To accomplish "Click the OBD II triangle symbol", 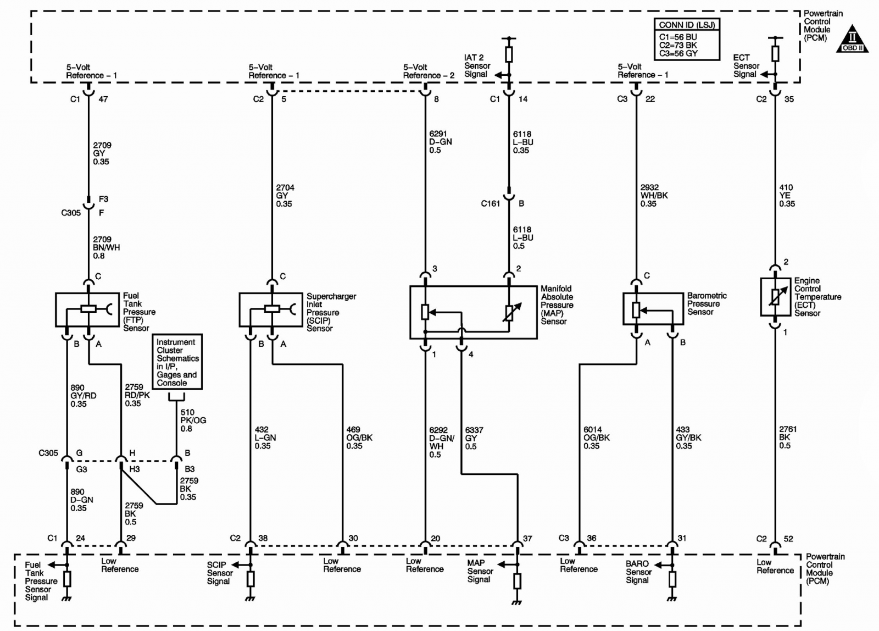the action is tap(852, 39).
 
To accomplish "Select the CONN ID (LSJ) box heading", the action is tap(687, 25).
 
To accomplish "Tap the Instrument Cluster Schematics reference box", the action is tap(177, 362).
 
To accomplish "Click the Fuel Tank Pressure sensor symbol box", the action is tap(87, 309).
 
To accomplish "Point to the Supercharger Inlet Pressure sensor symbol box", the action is tap(271, 309).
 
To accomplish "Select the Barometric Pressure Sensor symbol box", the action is tap(653, 308).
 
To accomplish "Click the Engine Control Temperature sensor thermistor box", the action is tap(775, 297).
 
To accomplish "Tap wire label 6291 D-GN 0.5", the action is tap(440, 142).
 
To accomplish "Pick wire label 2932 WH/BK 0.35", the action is tap(654, 196).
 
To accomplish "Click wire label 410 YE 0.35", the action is tap(787, 196).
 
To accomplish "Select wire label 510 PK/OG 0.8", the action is tap(193, 420).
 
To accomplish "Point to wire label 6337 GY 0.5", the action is tap(474, 438).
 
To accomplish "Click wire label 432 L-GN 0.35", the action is tap(265, 438).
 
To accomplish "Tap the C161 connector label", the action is tap(491, 203).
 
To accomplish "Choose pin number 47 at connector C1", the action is tap(103, 99).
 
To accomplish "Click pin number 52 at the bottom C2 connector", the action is tap(788, 539).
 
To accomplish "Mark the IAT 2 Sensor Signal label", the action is tap(477, 66).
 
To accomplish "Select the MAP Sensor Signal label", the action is tap(480, 571).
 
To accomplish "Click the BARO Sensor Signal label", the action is tap(638, 572).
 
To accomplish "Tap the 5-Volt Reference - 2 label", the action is tap(429, 71).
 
